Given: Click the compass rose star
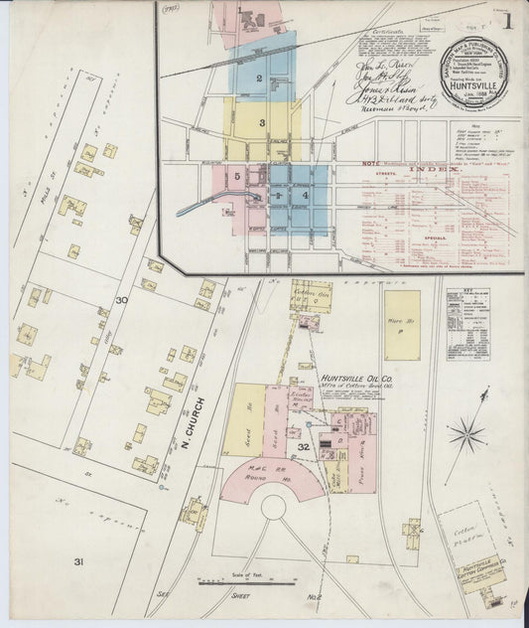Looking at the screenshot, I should point(465,433).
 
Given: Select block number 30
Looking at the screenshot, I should point(120,300).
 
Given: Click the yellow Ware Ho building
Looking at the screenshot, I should point(401,324).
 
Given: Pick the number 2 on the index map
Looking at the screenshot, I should point(259,78).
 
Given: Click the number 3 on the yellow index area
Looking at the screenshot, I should point(262,123).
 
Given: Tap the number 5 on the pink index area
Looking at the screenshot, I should point(238,177).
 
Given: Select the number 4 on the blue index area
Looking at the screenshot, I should point(306,196).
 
